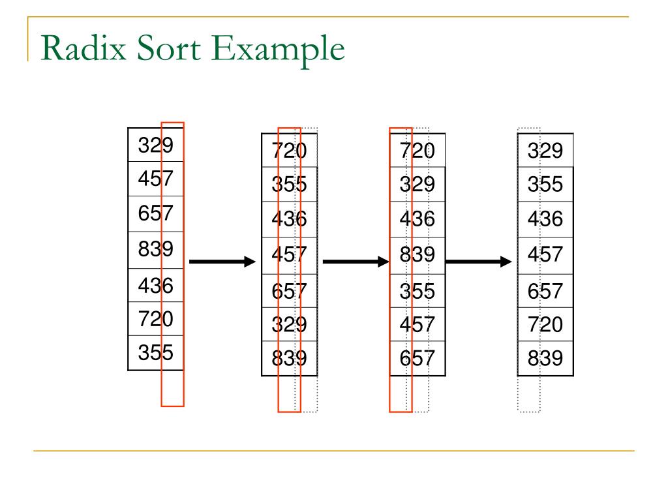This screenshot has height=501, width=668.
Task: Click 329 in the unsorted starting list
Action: click(x=156, y=145)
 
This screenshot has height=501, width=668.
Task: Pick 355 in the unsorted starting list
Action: click(x=156, y=352)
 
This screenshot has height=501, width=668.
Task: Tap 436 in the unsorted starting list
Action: click(x=156, y=285)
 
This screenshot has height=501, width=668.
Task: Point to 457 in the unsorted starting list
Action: click(x=156, y=178)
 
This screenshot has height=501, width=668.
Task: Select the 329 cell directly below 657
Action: click(x=289, y=324)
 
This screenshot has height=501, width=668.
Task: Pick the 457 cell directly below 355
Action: click(x=417, y=324)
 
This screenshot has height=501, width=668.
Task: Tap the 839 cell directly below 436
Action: click(x=417, y=254)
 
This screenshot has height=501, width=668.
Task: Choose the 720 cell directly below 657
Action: click(x=545, y=324)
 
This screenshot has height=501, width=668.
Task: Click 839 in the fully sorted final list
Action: click(x=545, y=359)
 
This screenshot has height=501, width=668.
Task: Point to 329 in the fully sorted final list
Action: click(x=545, y=151)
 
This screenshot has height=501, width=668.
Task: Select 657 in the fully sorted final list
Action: click(x=545, y=290)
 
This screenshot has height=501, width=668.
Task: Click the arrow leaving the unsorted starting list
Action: click(x=222, y=262)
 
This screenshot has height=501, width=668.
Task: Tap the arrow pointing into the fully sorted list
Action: click(x=479, y=262)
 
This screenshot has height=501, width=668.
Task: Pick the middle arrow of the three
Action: click(x=356, y=262)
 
